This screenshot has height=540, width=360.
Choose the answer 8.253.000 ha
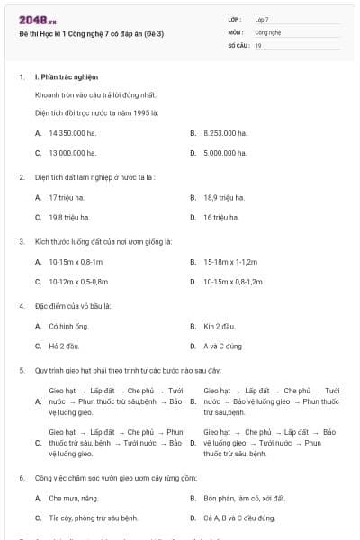pos(226,132)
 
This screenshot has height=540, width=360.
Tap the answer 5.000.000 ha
pos(226,153)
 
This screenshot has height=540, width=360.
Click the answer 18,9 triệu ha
pos(221,196)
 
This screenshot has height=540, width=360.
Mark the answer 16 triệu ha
pos(220,217)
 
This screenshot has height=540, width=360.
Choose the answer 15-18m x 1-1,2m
pos(230,261)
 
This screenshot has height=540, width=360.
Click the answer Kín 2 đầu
pos(220,325)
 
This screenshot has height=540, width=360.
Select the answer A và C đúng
pos(224,346)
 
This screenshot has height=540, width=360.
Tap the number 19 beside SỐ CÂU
pos(258,43)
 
